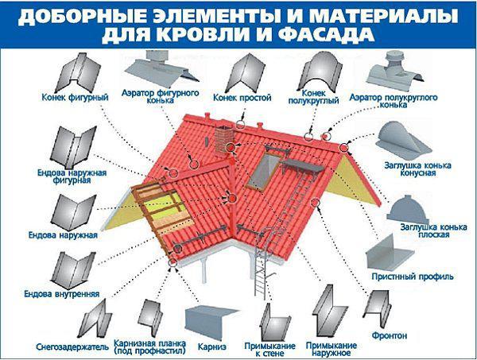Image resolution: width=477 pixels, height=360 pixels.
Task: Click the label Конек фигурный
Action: click(x=75, y=98)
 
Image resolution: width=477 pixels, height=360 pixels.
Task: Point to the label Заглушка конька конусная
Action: click(x=417, y=169)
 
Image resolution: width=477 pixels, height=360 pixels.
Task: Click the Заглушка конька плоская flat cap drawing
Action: click(x=407, y=210)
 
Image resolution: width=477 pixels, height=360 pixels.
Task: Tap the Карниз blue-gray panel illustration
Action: click(x=211, y=323)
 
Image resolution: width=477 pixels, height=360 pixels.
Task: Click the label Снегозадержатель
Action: click(x=72, y=347)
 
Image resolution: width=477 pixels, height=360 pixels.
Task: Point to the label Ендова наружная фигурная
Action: click(x=72, y=176)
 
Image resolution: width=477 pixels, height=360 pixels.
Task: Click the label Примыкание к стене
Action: click(x=270, y=350)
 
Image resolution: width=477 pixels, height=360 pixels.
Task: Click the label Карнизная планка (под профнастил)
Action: click(x=149, y=347)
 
